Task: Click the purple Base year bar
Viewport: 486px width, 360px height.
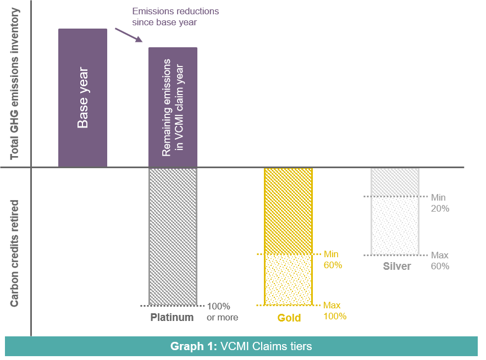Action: pyautogui.click(x=82, y=98)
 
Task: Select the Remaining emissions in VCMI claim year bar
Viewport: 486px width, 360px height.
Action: pyautogui.click(x=173, y=107)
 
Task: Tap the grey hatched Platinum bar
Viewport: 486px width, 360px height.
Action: pyautogui.click(x=173, y=236)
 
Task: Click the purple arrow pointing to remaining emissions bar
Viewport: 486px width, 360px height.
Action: pyautogui.click(x=129, y=34)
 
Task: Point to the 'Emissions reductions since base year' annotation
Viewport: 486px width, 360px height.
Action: pyautogui.click(x=175, y=16)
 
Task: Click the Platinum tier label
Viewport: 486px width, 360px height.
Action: pyautogui.click(x=172, y=317)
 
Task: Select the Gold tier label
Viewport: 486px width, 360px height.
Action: pyautogui.click(x=289, y=318)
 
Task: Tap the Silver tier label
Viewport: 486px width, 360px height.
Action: pyautogui.click(x=396, y=266)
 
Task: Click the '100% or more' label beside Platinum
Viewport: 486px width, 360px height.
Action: pyautogui.click(x=222, y=312)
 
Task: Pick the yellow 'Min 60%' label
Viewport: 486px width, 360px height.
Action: pyautogui.click(x=333, y=259)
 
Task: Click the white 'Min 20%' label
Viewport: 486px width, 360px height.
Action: pyautogui.click(x=440, y=203)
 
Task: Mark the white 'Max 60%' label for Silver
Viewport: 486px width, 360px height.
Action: pyautogui.click(x=440, y=261)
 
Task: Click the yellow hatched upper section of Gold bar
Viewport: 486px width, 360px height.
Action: pyautogui.click(x=288, y=211)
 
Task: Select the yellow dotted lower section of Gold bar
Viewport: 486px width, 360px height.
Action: pyautogui.click(x=288, y=279)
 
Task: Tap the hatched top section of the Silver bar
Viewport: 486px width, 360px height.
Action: pyautogui.click(x=395, y=181)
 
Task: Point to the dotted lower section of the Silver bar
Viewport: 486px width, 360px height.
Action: pyautogui.click(x=395, y=225)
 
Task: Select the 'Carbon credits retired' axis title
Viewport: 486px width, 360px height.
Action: pyautogui.click(x=15, y=253)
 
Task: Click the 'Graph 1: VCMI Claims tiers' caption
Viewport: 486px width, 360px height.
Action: pyautogui.click(x=241, y=346)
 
